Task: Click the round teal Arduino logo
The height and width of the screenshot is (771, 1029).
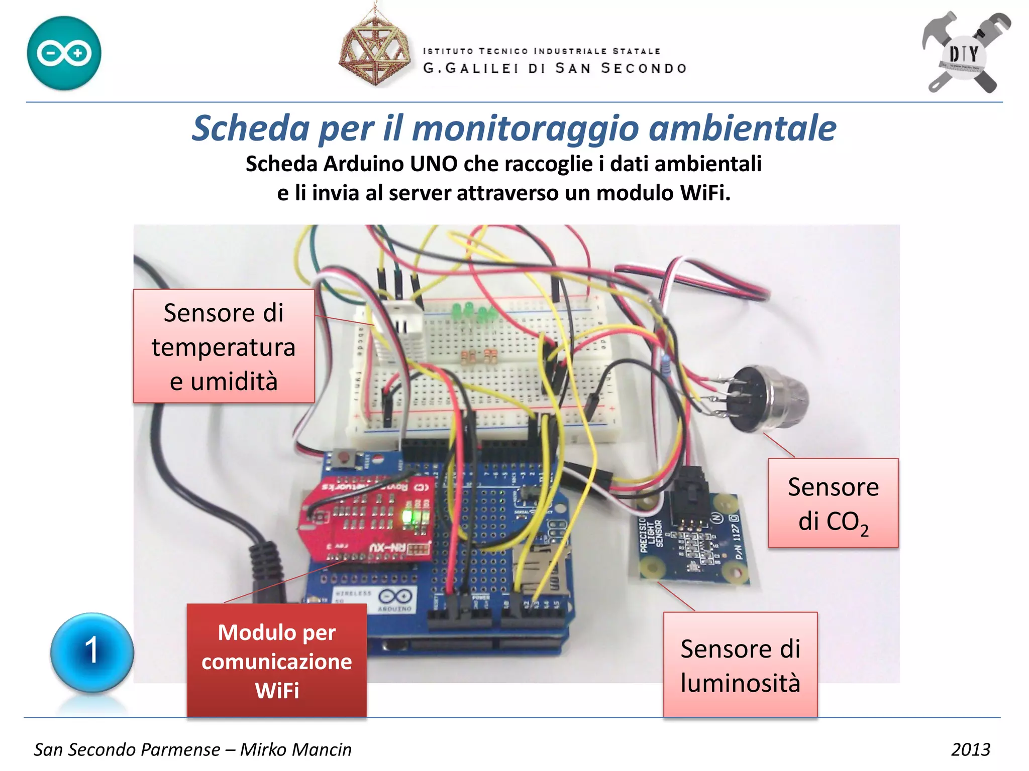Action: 64,53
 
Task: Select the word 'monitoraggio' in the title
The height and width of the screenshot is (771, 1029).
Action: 525,128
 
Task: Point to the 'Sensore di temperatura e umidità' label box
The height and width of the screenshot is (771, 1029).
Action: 224,346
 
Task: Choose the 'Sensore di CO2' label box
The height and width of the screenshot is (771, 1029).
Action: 833,503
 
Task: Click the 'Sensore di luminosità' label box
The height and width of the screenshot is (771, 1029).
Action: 740,665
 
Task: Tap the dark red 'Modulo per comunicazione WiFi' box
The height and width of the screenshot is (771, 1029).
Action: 276,661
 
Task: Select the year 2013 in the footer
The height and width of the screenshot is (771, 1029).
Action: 970,749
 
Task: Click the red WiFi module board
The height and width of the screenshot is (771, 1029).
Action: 367,520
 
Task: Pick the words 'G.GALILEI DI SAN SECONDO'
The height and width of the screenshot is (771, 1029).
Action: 555,68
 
